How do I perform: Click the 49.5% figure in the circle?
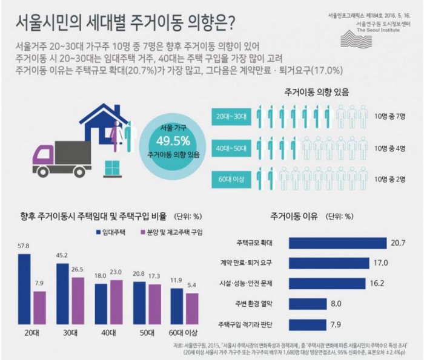point(173,141)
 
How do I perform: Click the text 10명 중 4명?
point(392,147)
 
